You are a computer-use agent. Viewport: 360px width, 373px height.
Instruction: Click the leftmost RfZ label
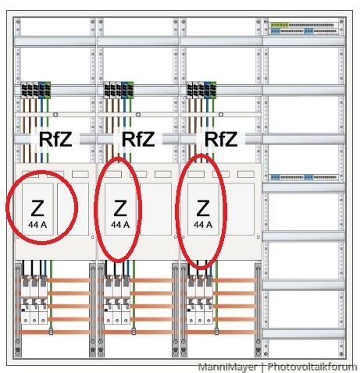coord(55,140)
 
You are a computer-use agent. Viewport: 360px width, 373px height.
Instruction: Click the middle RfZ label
coord(138,140)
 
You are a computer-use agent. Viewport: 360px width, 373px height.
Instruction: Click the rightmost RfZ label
coord(221,140)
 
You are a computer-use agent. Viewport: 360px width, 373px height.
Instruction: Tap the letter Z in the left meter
coord(37,208)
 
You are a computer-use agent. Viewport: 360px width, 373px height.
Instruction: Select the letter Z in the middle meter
coord(119,208)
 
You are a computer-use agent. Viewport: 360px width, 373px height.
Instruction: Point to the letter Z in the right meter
coord(203,208)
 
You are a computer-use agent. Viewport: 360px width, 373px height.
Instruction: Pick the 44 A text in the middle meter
coord(120,224)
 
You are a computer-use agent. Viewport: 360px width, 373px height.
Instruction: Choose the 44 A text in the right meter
coord(203,224)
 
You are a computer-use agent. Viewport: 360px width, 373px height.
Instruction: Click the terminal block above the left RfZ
coord(36,90)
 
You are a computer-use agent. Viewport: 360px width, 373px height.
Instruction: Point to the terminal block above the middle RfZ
coord(119,90)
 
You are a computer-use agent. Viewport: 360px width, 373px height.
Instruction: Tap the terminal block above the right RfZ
coord(201,90)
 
